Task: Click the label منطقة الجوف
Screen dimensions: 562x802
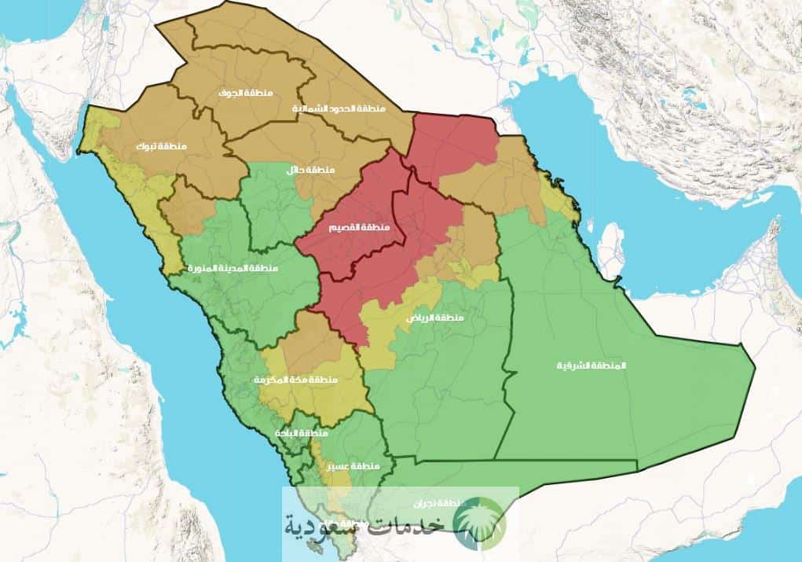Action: [x=246, y=94]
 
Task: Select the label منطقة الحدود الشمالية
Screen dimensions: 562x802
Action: [x=339, y=108]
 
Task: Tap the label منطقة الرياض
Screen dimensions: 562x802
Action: [x=434, y=318]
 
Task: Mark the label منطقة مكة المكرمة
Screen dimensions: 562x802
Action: [x=295, y=380]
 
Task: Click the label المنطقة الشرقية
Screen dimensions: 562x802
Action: [x=584, y=366]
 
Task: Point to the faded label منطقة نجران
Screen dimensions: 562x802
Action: [x=438, y=501]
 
